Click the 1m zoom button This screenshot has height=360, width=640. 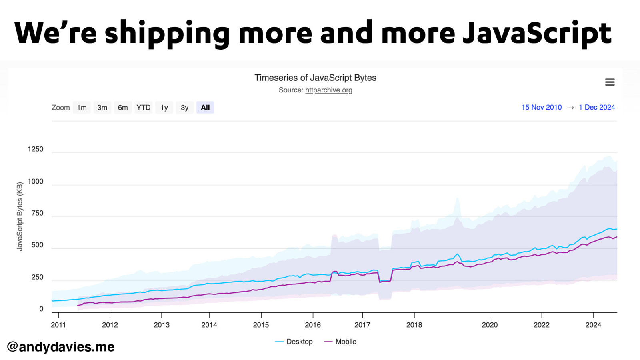pyautogui.click(x=82, y=108)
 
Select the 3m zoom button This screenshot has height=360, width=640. pyautogui.click(x=102, y=108)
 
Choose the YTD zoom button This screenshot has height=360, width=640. pyautogui.click(x=143, y=108)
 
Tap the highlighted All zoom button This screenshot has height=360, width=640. pyautogui.click(x=205, y=108)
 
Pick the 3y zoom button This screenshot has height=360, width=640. pyautogui.click(x=184, y=108)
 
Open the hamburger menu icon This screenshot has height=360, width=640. pyautogui.click(x=610, y=82)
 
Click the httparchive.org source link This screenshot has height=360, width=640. pyautogui.click(x=328, y=90)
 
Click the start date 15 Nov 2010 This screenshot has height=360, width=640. pyautogui.click(x=541, y=107)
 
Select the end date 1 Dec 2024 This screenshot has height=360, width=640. pyautogui.click(x=597, y=107)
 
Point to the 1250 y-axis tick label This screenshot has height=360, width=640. pyautogui.click(x=35, y=149)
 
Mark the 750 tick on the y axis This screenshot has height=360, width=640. pyautogui.click(x=37, y=213)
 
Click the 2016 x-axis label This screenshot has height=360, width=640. pyautogui.click(x=313, y=325)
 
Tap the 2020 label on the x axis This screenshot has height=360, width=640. pyautogui.click(x=490, y=325)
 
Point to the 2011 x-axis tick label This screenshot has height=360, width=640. pyautogui.click(x=58, y=325)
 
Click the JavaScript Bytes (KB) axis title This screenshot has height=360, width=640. pyautogui.click(x=20, y=216)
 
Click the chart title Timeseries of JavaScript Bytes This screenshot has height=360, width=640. pyautogui.click(x=315, y=78)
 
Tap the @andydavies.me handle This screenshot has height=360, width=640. pyautogui.click(x=61, y=346)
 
